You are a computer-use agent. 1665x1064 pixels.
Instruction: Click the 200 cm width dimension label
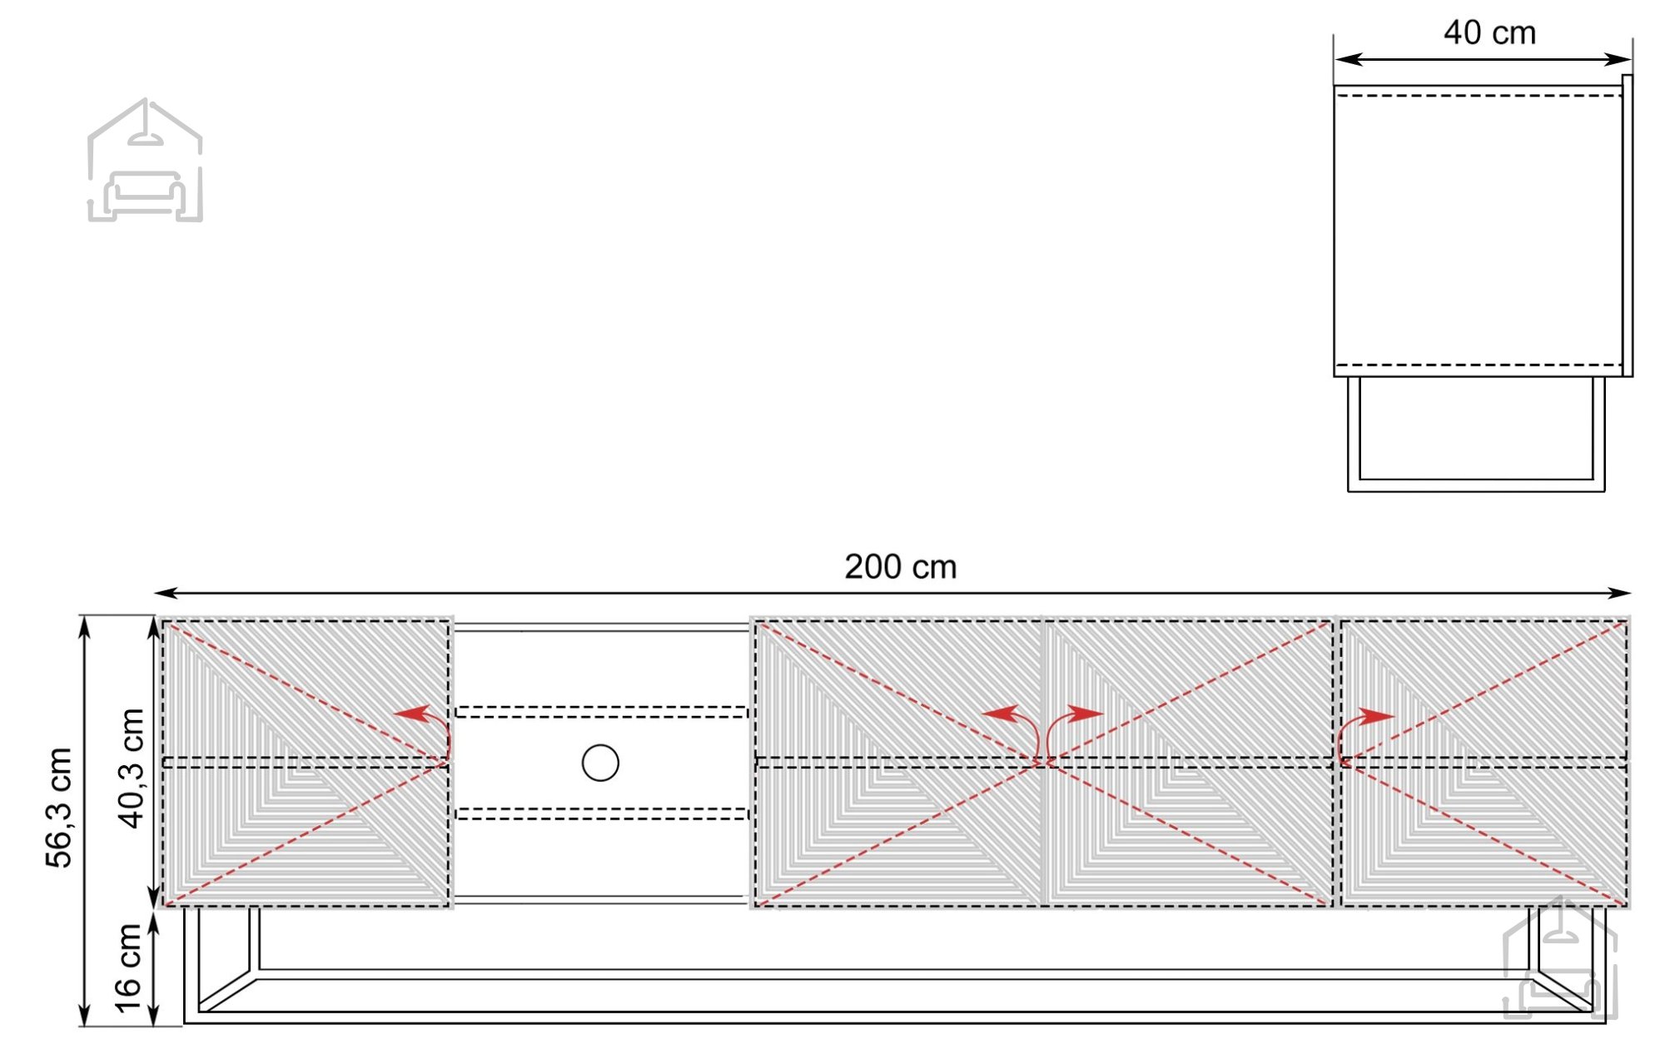900,567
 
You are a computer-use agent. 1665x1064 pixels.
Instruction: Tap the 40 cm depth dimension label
1489,33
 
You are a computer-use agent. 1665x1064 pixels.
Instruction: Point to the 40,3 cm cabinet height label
132,768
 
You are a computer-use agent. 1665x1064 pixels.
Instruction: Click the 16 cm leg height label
127,968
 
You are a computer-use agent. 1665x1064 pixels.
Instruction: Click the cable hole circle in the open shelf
600,763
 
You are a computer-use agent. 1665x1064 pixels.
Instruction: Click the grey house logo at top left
146,160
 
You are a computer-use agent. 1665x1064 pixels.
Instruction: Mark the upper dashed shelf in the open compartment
601,712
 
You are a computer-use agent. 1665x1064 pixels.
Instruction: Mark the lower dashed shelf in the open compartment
601,813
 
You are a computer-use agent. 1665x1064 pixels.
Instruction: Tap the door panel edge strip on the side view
1627,226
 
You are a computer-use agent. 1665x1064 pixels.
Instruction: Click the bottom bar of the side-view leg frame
1476,485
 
